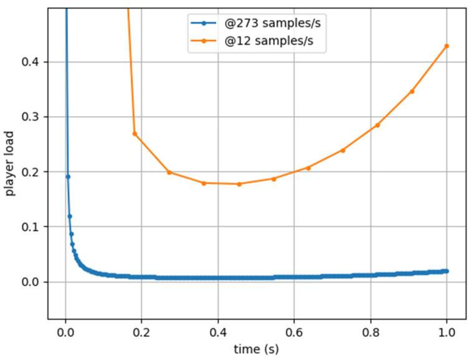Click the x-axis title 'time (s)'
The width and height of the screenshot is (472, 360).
256,349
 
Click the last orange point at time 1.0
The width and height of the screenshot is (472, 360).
446,46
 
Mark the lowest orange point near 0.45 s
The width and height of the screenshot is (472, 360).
239,184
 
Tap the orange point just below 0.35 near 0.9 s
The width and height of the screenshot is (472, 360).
412,91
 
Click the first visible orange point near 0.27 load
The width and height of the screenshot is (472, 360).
135,134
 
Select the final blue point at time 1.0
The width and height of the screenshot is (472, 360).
446,271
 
